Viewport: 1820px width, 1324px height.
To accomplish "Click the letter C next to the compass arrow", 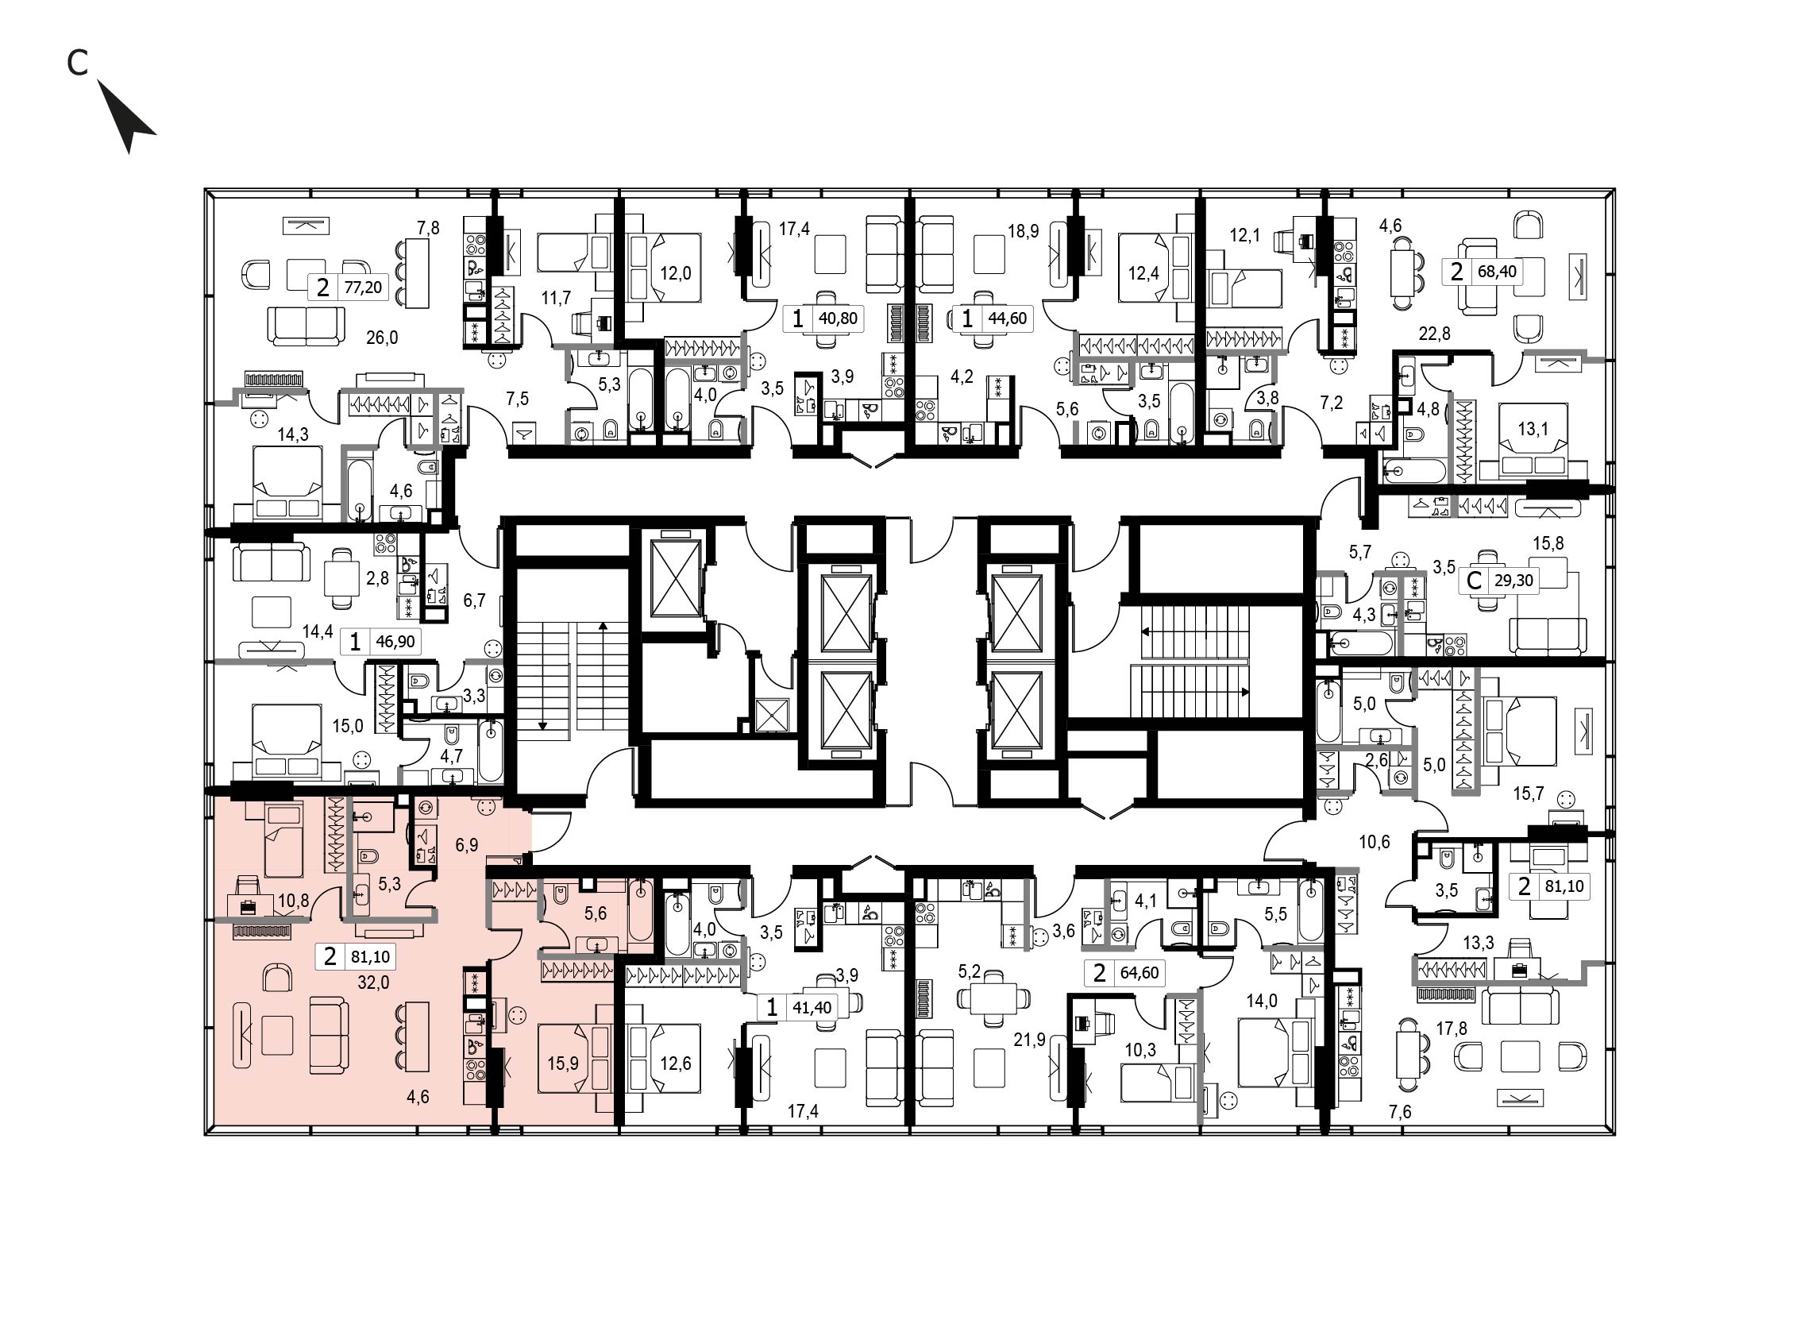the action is [x=77, y=63].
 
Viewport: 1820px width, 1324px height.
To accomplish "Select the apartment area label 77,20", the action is [x=363, y=288].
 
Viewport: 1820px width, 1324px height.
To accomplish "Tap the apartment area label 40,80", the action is [x=838, y=318].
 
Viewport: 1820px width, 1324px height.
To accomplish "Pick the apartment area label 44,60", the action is [x=1007, y=318].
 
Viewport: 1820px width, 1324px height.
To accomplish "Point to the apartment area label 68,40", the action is [x=1498, y=271].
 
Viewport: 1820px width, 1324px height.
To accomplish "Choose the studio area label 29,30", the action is [x=1514, y=580].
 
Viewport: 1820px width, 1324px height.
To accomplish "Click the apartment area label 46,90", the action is [x=395, y=642].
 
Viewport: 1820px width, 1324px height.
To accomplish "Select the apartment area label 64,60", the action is [x=1139, y=973].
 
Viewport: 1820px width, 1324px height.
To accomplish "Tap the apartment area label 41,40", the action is [x=812, y=1008].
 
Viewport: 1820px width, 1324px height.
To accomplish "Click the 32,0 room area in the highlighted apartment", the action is [x=373, y=982].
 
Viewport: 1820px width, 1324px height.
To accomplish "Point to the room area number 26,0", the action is [x=382, y=338].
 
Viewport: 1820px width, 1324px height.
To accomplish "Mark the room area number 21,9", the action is [x=1030, y=1040].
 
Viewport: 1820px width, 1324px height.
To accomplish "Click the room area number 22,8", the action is [x=1434, y=333].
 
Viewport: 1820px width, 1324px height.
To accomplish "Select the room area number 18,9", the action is [x=1023, y=232].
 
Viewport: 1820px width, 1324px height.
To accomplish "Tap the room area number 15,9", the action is [x=562, y=1063].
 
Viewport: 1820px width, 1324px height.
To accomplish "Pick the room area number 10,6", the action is [x=1374, y=842].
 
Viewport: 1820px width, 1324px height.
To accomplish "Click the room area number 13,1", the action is [x=1533, y=430].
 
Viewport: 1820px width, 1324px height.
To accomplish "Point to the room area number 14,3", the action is [x=293, y=435].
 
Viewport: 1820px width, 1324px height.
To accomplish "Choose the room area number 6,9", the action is [x=466, y=845].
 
